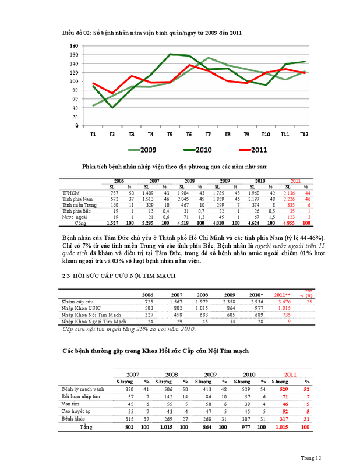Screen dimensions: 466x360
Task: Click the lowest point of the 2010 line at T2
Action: (x=112, y=108)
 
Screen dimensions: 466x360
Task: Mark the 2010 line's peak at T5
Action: (x=171, y=54)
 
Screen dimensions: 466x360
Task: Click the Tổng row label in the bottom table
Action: (x=85, y=427)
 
